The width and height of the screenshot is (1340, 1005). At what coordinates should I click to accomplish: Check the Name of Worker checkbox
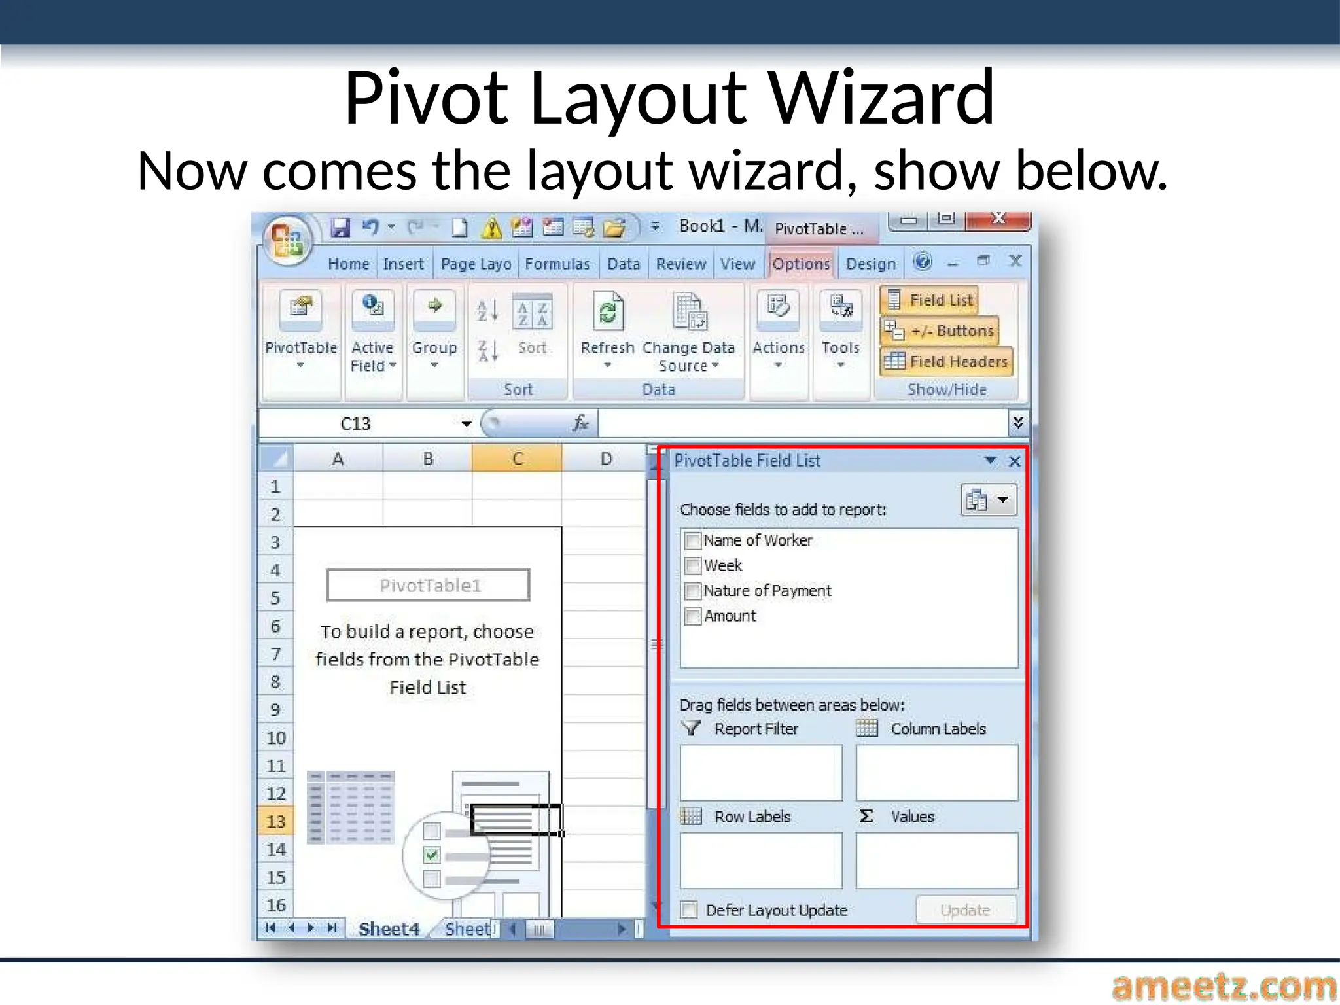click(692, 541)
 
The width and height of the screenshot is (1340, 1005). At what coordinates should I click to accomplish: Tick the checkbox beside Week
click(692, 566)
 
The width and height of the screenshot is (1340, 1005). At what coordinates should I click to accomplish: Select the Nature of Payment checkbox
click(692, 591)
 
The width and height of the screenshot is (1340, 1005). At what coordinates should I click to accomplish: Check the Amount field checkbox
click(692, 616)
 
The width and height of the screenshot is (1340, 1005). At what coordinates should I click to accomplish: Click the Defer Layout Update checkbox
click(689, 910)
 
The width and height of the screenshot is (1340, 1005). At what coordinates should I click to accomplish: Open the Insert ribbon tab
click(403, 264)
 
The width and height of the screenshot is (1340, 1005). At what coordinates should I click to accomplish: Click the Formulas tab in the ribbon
click(557, 264)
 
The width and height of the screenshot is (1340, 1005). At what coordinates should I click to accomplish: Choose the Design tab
click(870, 264)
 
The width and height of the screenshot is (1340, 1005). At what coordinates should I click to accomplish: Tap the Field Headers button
click(946, 361)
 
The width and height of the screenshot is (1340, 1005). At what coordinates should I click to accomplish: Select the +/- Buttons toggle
click(940, 331)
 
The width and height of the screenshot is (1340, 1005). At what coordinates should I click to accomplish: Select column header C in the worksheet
click(517, 459)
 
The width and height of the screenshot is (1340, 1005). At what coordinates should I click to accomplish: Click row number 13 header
click(275, 821)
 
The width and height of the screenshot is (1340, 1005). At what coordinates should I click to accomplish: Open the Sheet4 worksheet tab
click(389, 928)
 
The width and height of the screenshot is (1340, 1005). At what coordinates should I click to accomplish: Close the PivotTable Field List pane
click(1015, 461)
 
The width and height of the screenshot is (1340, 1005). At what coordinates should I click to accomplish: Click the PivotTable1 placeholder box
click(429, 585)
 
